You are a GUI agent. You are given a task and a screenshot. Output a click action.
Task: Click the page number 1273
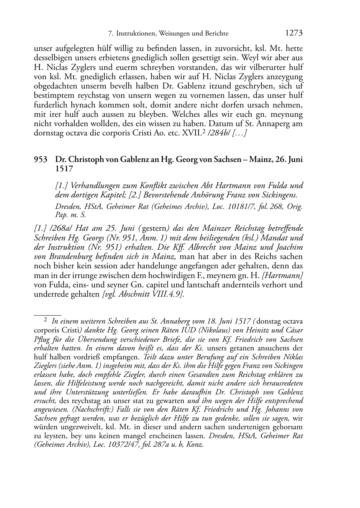tap(294, 33)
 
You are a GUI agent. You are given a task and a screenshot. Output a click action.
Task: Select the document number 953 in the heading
tap(41, 159)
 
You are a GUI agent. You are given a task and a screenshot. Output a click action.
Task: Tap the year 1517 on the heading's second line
tap(64, 168)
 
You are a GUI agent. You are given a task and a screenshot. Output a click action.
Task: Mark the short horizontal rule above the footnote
tap(47, 315)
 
